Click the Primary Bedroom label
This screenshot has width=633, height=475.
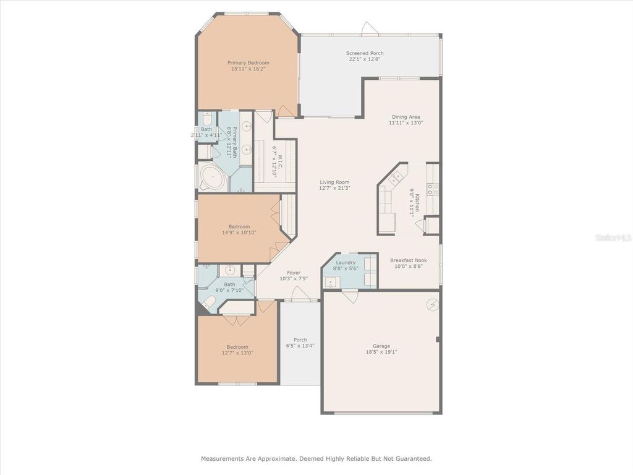[x=248, y=62]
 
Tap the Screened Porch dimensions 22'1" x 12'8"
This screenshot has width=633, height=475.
[x=364, y=59]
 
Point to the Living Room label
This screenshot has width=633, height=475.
[x=334, y=182]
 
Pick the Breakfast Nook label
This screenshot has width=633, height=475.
[x=408, y=260]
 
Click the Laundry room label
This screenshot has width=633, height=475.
[x=346, y=263]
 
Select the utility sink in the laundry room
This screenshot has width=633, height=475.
[x=331, y=283]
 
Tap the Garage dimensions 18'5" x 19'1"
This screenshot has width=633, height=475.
[x=381, y=352]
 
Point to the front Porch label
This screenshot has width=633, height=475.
[x=300, y=340]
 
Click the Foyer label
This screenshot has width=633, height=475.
[x=294, y=273]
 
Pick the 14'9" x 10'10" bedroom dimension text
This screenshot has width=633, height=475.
[x=239, y=233]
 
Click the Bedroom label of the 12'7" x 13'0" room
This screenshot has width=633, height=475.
[x=237, y=347]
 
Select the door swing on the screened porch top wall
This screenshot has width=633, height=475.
[x=368, y=28]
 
